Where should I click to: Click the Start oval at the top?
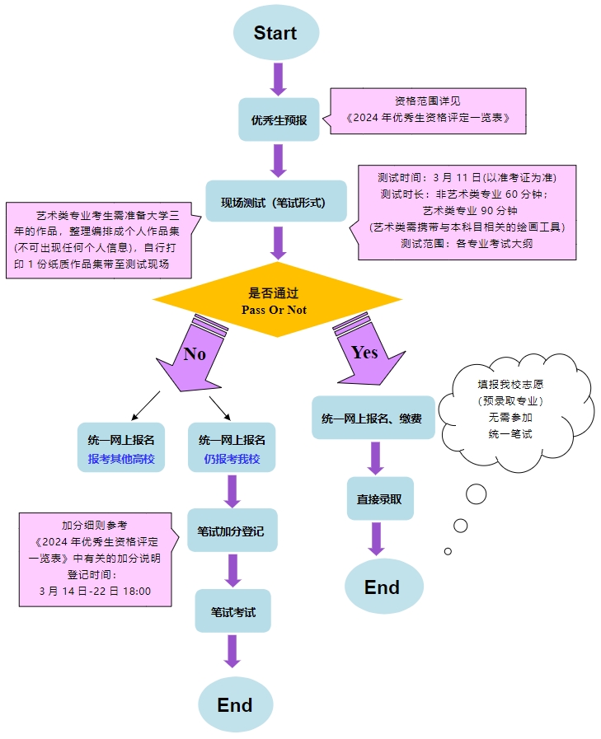pyautogui.click(x=275, y=33)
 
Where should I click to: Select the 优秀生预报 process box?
pyautogui.click(x=279, y=119)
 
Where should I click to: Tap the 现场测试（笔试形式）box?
pyautogui.click(x=276, y=202)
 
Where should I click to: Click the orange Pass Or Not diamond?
pyautogui.click(x=276, y=300)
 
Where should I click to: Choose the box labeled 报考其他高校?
pyautogui.click(x=121, y=448)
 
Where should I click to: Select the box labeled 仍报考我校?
pyautogui.click(x=232, y=448)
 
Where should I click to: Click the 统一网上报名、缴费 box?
pyautogui.click(x=373, y=418)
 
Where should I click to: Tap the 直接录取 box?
pyautogui.click(x=379, y=498)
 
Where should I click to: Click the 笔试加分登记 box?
pyautogui.click(x=232, y=531)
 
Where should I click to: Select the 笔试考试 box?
pyautogui.click(x=232, y=611)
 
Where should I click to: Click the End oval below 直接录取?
pyautogui.click(x=383, y=587)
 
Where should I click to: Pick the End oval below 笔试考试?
pyautogui.click(x=235, y=704)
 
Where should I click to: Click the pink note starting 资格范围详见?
pyautogui.click(x=427, y=110)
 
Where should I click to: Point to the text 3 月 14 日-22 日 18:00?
pyautogui.click(x=95, y=591)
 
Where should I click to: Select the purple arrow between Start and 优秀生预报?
pyautogui.click(x=278, y=78)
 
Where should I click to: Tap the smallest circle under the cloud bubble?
pyautogui.click(x=448, y=551)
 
